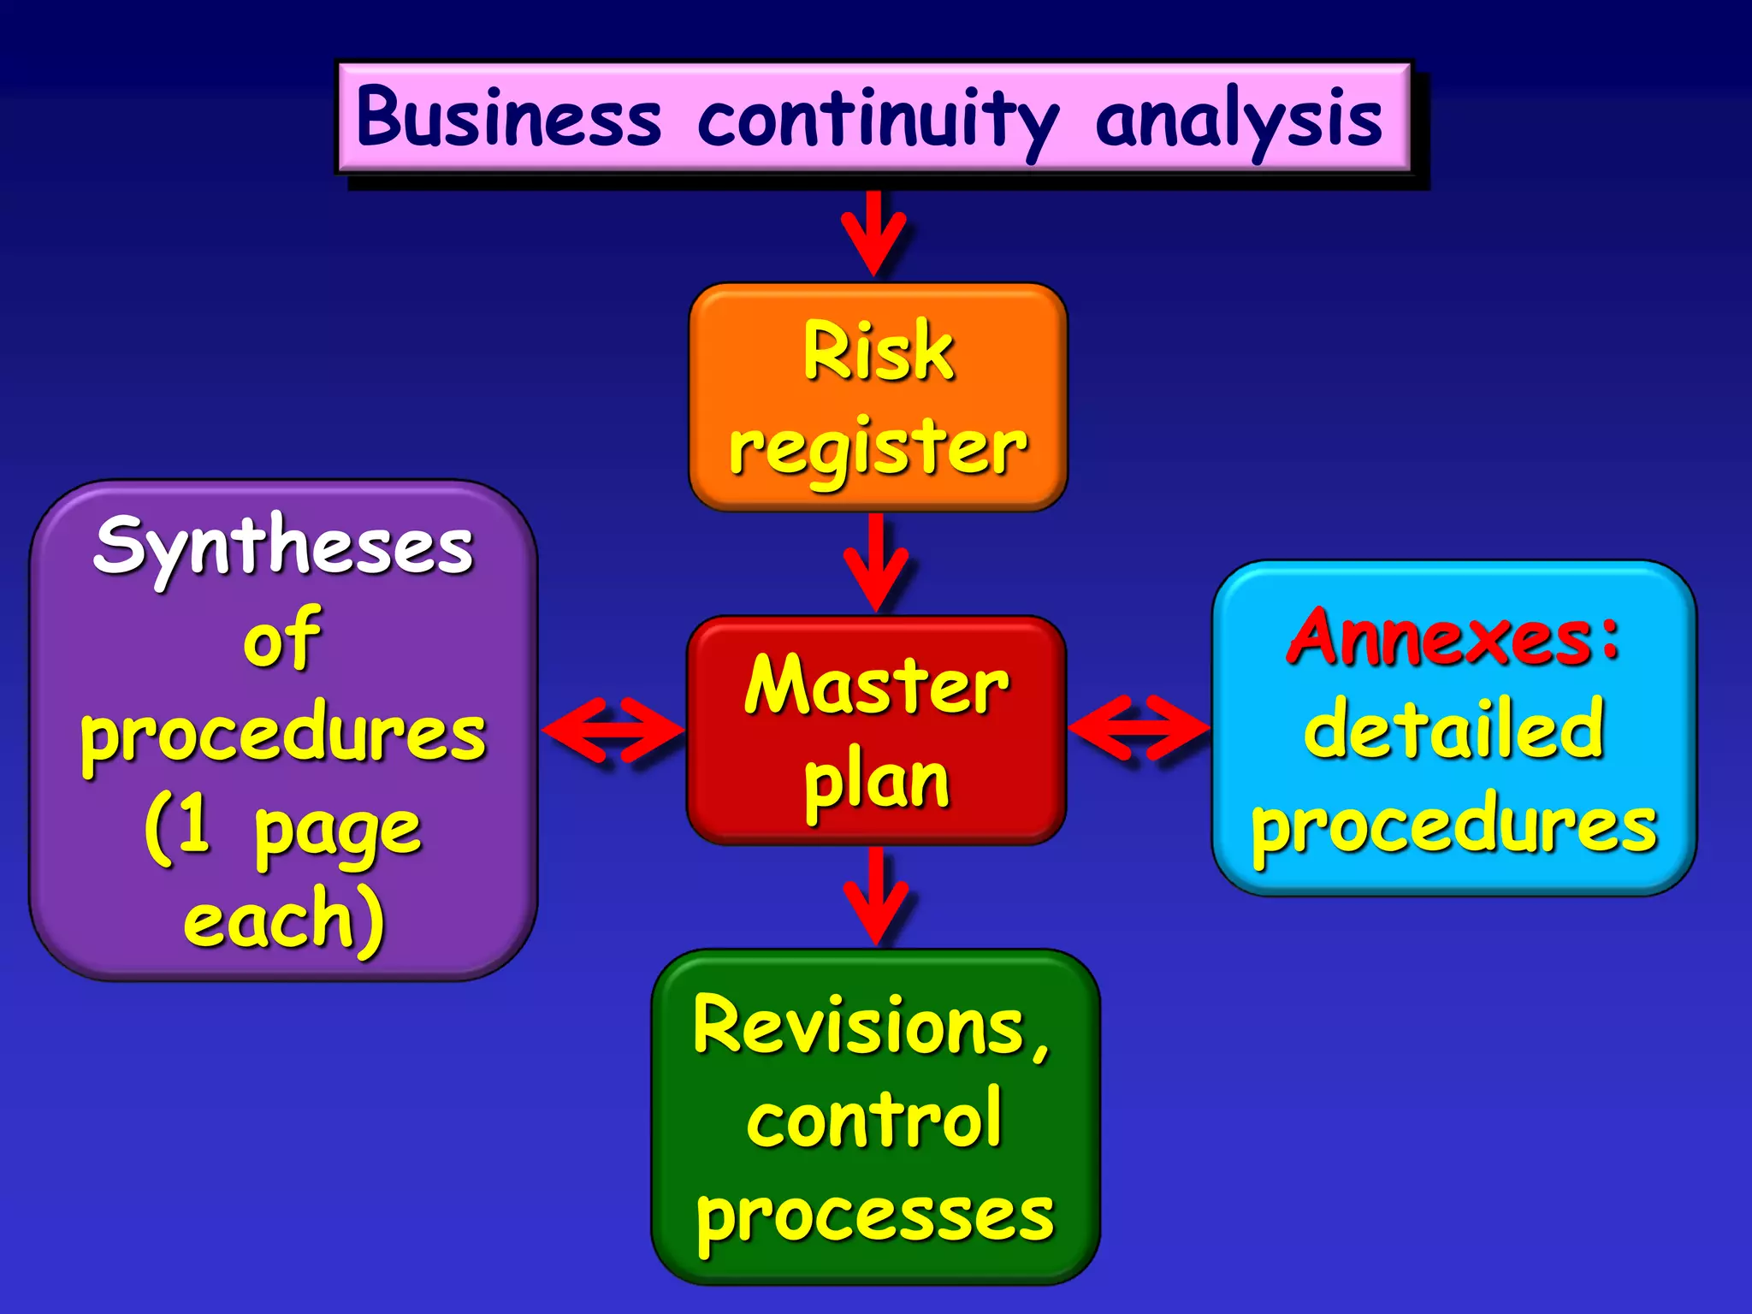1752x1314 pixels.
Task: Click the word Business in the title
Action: (x=509, y=118)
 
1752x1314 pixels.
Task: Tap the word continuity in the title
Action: (x=878, y=120)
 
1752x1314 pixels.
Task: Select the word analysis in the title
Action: (x=1238, y=120)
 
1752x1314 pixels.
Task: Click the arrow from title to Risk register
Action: (x=873, y=233)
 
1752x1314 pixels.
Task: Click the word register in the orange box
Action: (x=878, y=449)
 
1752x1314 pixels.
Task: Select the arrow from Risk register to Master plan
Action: (x=875, y=562)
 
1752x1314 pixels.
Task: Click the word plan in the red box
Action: (x=877, y=783)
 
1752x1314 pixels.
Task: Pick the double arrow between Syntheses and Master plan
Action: (x=613, y=730)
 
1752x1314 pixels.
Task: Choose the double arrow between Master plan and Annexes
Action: (x=1139, y=728)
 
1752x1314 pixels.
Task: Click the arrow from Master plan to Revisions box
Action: (x=875, y=895)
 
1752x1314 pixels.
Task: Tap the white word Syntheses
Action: (x=283, y=547)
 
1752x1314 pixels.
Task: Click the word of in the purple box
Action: (x=282, y=639)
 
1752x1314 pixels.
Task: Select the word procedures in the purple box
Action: (x=283, y=736)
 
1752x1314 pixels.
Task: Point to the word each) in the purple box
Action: (x=285, y=920)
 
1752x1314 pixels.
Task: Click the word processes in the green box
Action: (x=875, y=1216)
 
